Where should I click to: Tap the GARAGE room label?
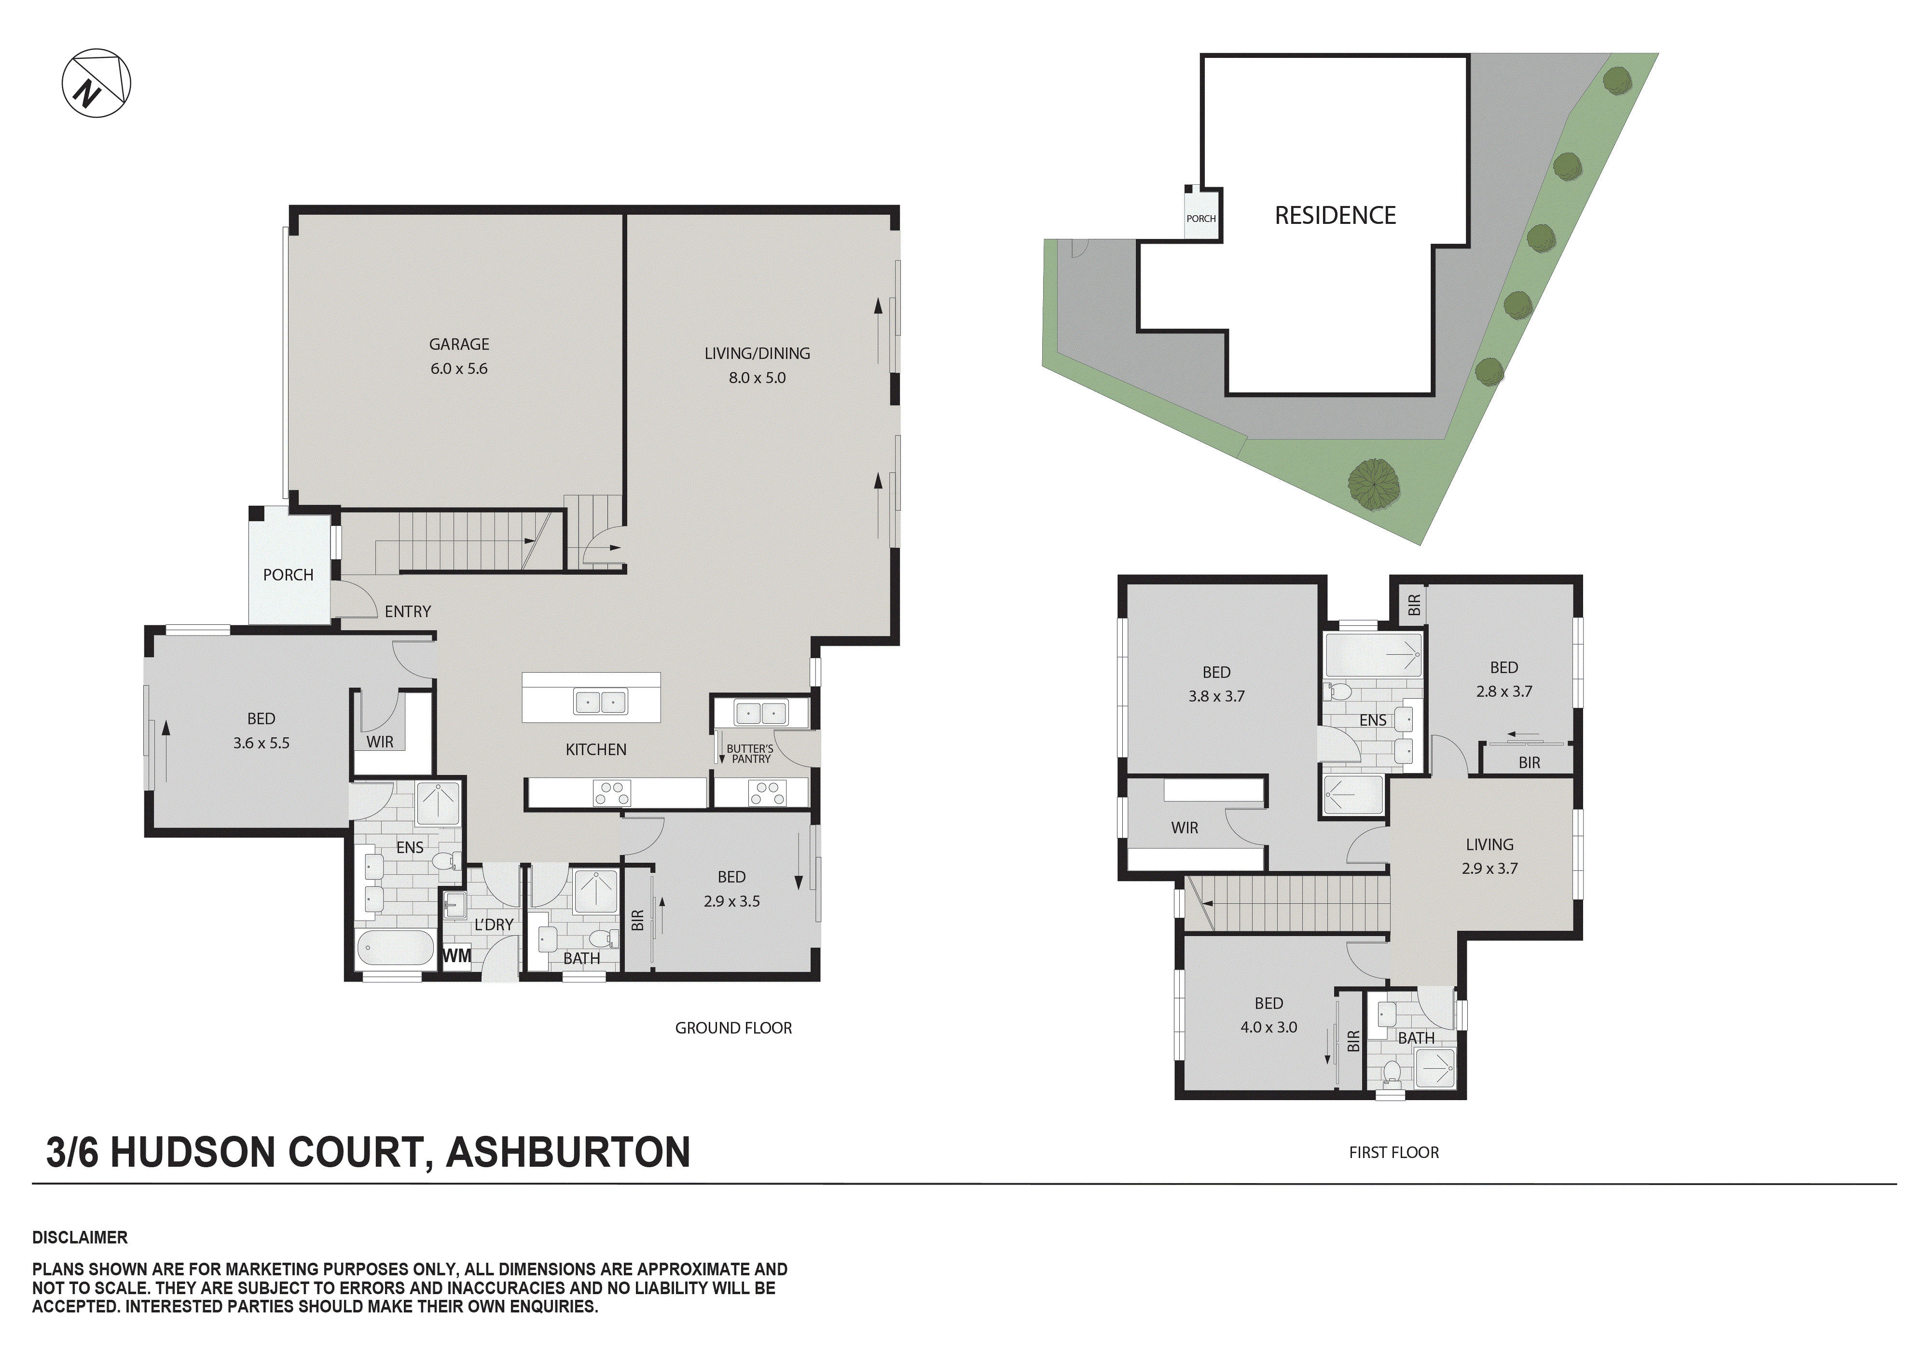(x=459, y=344)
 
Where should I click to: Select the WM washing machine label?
(x=456, y=956)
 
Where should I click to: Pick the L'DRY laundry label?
(x=494, y=925)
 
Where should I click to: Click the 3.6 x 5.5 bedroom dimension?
(x=262, y=743)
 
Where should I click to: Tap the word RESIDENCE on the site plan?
(x=1335, y=216)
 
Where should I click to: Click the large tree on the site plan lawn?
(x=1374, y=485)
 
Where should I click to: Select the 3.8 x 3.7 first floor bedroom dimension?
(x=1216, y=696)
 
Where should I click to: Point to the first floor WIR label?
(x=1185, y=828)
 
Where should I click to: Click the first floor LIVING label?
(x=1489, y=845)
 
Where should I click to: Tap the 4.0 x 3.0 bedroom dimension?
(x=1268, y=1027)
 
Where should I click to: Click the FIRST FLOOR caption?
(x=1394, y=1153)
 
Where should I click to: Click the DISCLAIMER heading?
(x=80, y=1238)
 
